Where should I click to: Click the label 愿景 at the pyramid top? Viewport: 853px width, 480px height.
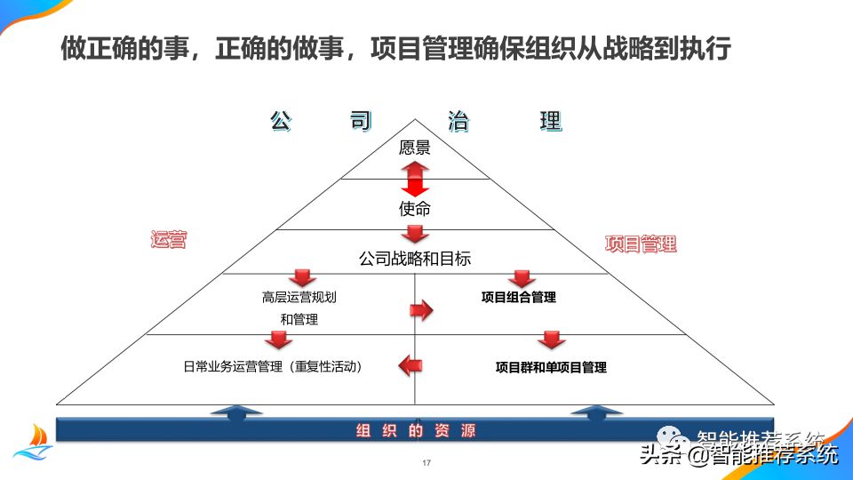point(415,148)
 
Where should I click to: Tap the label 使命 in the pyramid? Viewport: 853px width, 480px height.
point(415,210)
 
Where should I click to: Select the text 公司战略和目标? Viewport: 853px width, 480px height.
point(415,259)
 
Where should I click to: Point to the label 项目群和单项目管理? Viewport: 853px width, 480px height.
point(551,366)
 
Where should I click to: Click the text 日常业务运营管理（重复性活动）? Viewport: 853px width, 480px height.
point(272,365)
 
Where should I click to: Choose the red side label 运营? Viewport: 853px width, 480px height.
point(168,239)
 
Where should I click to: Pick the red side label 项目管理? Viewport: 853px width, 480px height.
point(641,244)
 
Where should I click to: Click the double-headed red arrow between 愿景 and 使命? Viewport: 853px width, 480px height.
point(415,179)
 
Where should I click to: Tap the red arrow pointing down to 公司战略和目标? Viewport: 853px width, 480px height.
point(415,234)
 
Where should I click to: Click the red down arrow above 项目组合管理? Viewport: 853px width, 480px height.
point(522,278)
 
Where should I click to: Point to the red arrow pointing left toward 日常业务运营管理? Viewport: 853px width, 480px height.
point(410,364)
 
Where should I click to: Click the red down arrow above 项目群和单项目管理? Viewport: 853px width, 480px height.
point(551,340)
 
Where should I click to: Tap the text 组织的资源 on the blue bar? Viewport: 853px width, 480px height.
point(416,431)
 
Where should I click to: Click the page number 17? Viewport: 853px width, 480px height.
point(426,463)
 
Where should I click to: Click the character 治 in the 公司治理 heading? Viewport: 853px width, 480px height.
point(458,122)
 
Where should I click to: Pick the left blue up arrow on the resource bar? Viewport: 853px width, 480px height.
point(235,412)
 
